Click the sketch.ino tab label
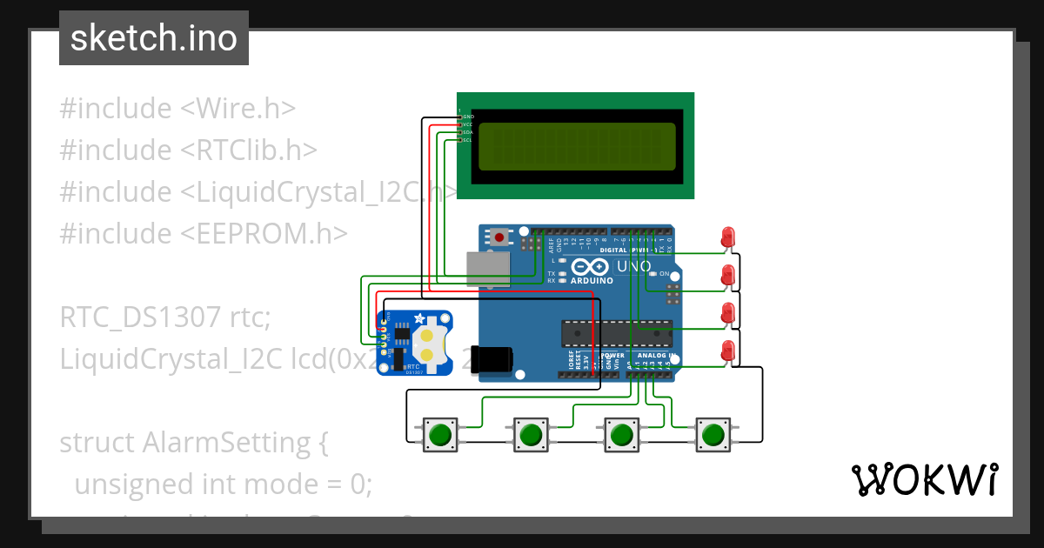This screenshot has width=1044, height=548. coord(154,38)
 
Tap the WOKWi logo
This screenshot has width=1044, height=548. coord(923,479)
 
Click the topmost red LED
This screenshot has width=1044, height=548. coord(728,236)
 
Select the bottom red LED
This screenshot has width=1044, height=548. coord(728,351)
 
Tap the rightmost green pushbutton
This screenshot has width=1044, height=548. coord(713,433)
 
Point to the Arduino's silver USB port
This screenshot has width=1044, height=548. coord(487,269)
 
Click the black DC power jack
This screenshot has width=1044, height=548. coord(493,358)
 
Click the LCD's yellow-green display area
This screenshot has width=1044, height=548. coord(577,146)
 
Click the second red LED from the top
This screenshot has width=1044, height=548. coord(728,275)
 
